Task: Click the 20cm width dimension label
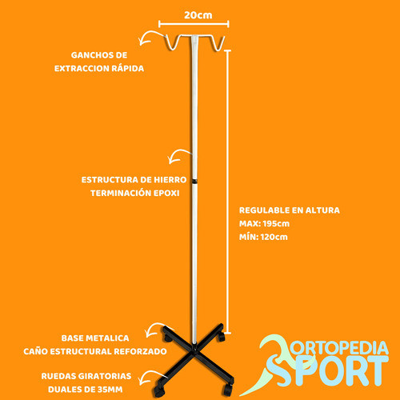point(198,15)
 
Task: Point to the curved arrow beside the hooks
point(150,38)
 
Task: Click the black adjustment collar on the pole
point(194,182)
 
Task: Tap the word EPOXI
point(166,193)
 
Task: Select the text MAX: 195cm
point(264,223)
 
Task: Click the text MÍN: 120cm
point(263,237)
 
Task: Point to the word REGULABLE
point(264,210)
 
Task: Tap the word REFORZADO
point(140,351)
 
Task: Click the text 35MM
point(110,390)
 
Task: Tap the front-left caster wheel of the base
point(158,390)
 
